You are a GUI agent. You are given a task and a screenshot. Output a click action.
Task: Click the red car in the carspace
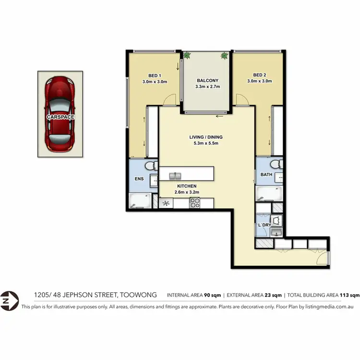(x=60, y=115)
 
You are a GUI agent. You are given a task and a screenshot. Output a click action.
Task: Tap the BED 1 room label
(x=155, y=75)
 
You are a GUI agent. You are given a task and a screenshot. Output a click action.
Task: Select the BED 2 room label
(x=259, y=75)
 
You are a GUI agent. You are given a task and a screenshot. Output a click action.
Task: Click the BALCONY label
(x=207, y=81)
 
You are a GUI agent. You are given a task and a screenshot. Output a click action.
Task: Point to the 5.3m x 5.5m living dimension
(x=205, y=143)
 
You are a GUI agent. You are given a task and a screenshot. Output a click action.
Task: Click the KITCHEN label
(x=187, y=186)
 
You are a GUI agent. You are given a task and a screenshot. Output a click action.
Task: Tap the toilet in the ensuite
(x=149, y=166)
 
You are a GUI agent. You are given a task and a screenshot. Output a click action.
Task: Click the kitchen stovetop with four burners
(x=194, y=203)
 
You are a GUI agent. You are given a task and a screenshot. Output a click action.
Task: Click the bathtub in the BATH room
(x=268, y=194)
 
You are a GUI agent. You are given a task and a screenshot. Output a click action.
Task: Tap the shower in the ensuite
(x=140, y=201)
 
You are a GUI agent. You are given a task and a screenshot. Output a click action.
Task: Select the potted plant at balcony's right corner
(x=224, y=56)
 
